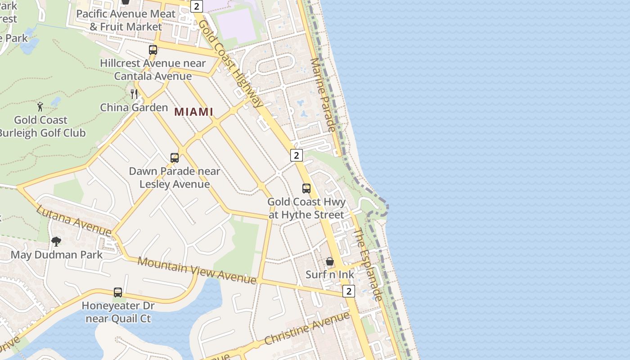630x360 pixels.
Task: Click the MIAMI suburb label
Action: click(x=193, y=112)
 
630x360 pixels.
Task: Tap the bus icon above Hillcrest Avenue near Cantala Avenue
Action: click(x=153, y=49)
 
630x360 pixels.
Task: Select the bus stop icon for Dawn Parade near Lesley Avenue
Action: click(x=175, y=157)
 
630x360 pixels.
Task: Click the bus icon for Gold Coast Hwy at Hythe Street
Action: click(x=306, y=188)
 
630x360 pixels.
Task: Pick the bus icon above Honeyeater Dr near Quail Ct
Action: click(x=118, y=292)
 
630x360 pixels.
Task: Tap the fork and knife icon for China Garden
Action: click(x=134, y=94)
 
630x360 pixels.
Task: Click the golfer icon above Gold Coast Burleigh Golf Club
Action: click(x=40, y=107)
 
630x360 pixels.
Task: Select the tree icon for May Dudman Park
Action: click(x=56, y=242)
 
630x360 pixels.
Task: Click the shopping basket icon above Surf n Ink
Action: click(x=330, y=261)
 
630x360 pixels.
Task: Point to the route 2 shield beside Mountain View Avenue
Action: click(x=348, y=291)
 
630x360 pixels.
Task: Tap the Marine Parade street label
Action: click(x=324, y=95)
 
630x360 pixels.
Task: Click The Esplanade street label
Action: click(x=368, y=265)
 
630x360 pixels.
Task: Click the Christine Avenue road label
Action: click(x=307, y=328)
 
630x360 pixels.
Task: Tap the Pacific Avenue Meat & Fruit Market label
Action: click(x=126, y=20)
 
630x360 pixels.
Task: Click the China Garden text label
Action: click(x=134, y=108)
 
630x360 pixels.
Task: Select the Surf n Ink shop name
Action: click(x=330, y=274)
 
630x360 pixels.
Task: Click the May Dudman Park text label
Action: click(x=57, y=255)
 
